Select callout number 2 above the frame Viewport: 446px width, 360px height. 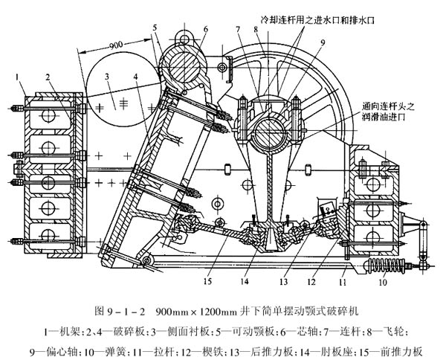46,75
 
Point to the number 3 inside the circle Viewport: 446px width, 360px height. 107,76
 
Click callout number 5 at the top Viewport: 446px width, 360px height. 156,28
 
